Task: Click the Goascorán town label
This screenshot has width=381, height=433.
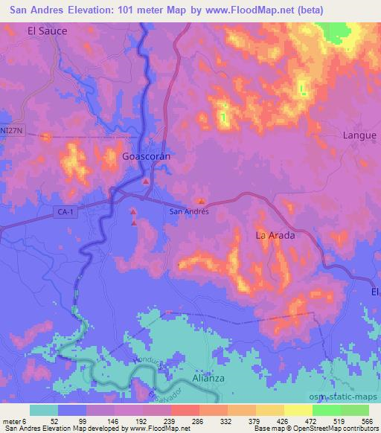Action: pos(147,158)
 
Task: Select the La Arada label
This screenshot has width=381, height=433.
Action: pos(275,235)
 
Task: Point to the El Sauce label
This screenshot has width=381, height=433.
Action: pos(47,31)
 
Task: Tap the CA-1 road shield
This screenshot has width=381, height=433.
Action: pos(65,212)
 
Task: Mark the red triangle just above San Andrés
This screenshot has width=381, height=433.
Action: pos(202,200)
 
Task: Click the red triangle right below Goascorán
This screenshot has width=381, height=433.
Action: pos(146,182)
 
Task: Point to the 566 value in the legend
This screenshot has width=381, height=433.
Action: pos(365,421)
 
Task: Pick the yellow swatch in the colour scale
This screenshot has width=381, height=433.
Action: pos(298,410)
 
